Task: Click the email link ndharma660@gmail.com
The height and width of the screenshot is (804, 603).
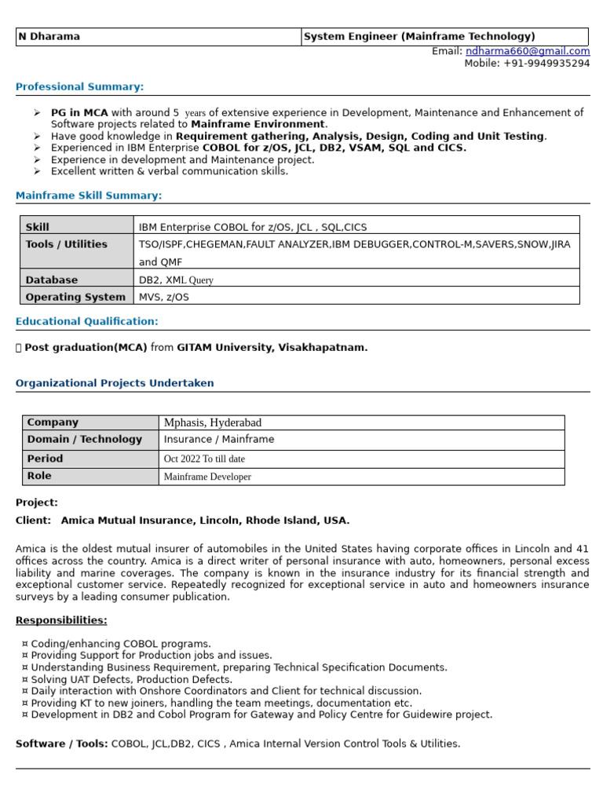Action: coord(528,51)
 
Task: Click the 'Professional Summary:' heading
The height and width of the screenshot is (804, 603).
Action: coord(79,86)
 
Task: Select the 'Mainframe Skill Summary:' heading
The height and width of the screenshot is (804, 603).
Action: coord(89,196)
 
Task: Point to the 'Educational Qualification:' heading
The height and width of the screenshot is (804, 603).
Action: coord(86,321)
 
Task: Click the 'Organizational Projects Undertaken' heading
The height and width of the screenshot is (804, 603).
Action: coord(115,383)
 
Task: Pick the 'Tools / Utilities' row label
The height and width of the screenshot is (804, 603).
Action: coord(66,244)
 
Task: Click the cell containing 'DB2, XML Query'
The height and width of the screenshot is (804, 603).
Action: coord(176,280)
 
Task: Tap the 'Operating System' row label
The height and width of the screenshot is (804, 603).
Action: coord(75,297)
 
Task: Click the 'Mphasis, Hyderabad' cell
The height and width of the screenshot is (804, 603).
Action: coord(212,422)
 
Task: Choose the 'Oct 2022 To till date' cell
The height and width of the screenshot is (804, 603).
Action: coord(204,459)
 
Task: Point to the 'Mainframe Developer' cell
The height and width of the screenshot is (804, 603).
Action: coord(207,477)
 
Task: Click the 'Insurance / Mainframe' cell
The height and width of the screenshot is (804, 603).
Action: coord(218,440)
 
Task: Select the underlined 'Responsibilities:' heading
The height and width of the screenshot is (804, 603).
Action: coord(61,620)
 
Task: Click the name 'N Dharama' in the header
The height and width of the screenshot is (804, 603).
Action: coord(49,37)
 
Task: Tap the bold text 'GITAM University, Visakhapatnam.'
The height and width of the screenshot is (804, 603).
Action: coord(272,347)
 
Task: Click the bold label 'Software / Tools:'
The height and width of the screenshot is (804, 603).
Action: coord(61,744)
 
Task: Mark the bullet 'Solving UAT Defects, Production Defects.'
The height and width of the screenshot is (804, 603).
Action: coord(131,679)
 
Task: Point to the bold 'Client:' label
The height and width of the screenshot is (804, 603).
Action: coord(33,520)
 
